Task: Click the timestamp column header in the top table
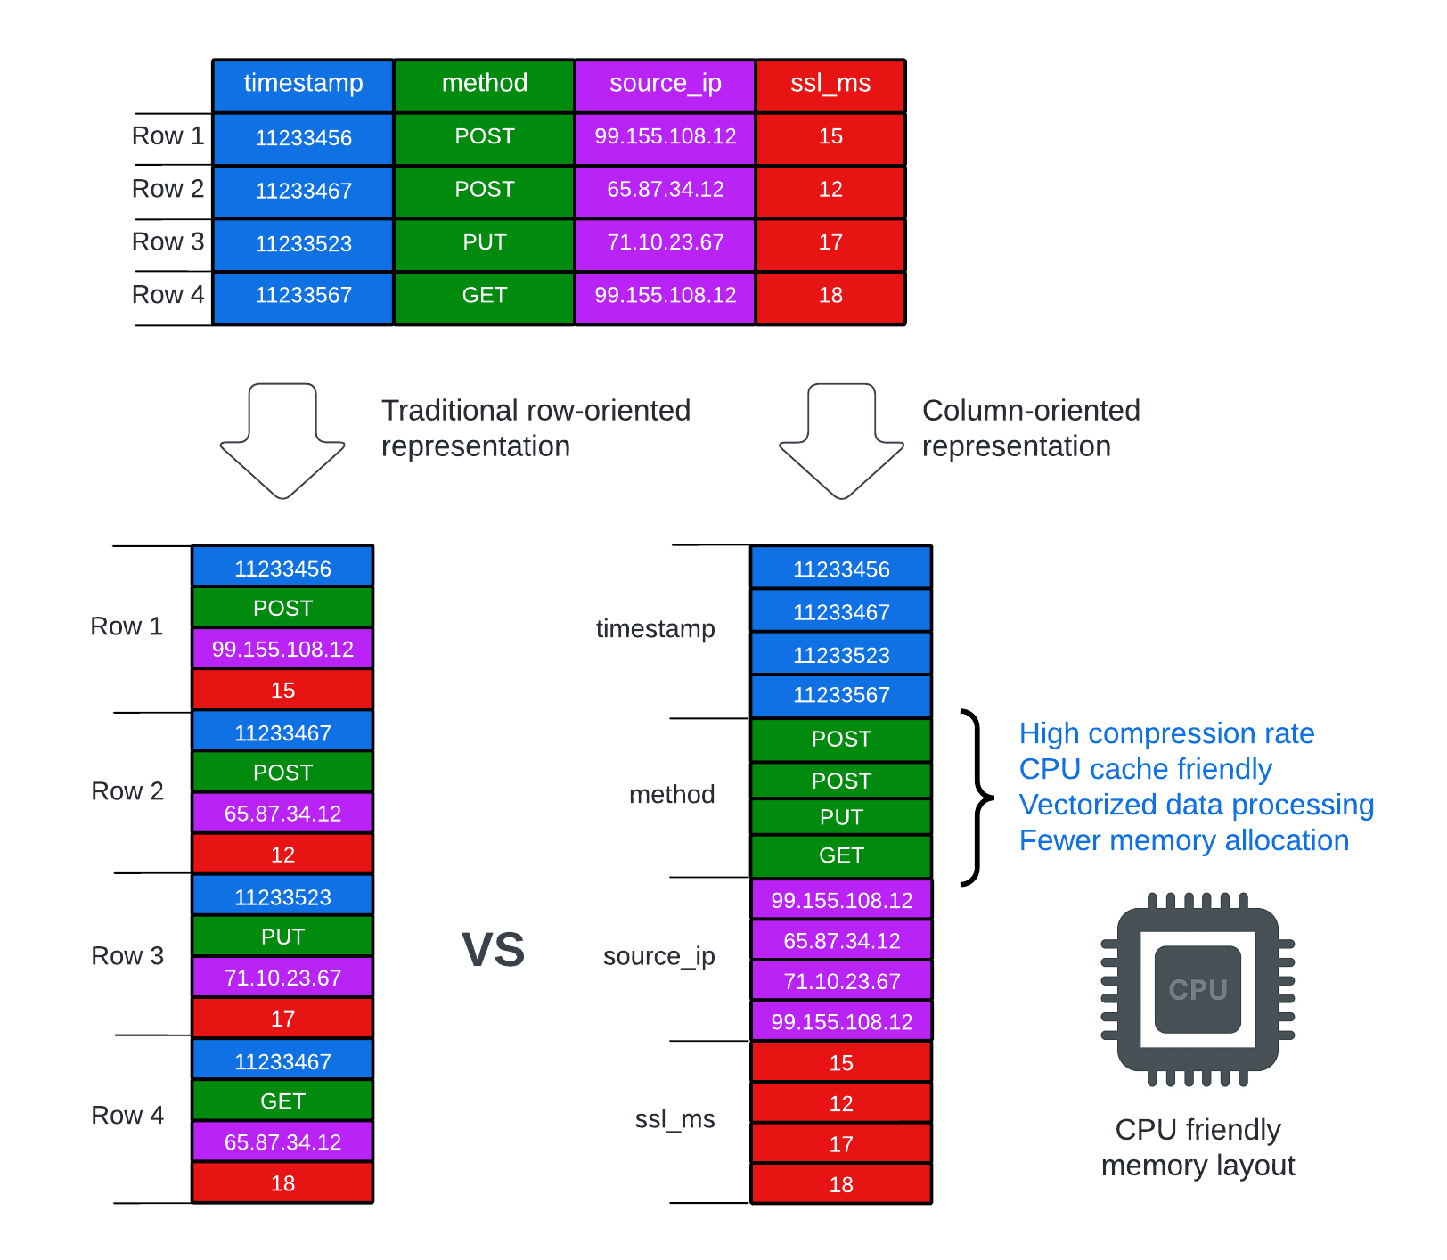click(303, 84)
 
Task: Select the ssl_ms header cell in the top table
click(830, 84)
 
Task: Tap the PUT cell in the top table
click(484, 242)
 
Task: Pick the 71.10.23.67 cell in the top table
click(665, 242)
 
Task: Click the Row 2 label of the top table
click(168, 189)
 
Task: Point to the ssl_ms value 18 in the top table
click(830, 295)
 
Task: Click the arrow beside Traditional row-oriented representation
click(282, 440)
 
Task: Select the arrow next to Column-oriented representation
click(841, 440)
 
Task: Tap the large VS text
click(493, 950)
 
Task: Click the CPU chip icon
click(1198, 989)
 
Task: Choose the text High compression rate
click(1166, 733)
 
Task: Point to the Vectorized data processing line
click(1196, 805)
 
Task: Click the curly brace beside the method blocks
click(977, 798)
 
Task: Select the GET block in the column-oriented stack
click(841, 855)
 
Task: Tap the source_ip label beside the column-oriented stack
click(658, 956)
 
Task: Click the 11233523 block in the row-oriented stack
click(282, 897)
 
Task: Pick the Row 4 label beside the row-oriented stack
click(127, 1116)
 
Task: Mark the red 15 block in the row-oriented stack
click(282, 690)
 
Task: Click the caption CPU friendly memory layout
click(1198, 1148)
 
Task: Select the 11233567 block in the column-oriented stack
click(841, 695)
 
